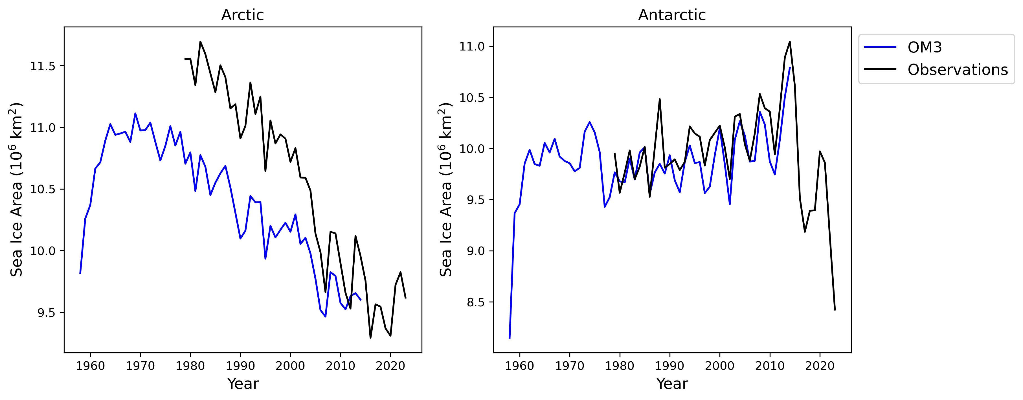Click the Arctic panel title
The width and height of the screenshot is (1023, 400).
[242, 15]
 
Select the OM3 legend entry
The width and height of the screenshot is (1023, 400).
[924, 47]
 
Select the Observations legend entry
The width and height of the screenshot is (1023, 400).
[957, 69]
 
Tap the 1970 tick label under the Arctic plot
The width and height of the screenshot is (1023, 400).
[140, 366]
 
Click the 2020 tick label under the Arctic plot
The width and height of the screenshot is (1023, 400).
[390, 366]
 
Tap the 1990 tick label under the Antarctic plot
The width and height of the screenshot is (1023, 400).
[669, 366]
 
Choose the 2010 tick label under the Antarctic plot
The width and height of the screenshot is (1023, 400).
[770, 366]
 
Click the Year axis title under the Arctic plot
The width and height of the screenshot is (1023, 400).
[243, 384]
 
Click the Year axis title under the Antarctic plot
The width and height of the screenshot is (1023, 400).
[672, 384]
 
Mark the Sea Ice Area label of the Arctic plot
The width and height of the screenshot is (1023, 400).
[17, 190]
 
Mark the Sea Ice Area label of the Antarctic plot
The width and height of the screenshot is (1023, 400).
[446, 190]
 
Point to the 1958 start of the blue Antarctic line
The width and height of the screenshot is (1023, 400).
[510, 338]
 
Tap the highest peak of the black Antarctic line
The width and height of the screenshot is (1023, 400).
[789, 42]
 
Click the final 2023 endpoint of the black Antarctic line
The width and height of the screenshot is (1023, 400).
[835, 309]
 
